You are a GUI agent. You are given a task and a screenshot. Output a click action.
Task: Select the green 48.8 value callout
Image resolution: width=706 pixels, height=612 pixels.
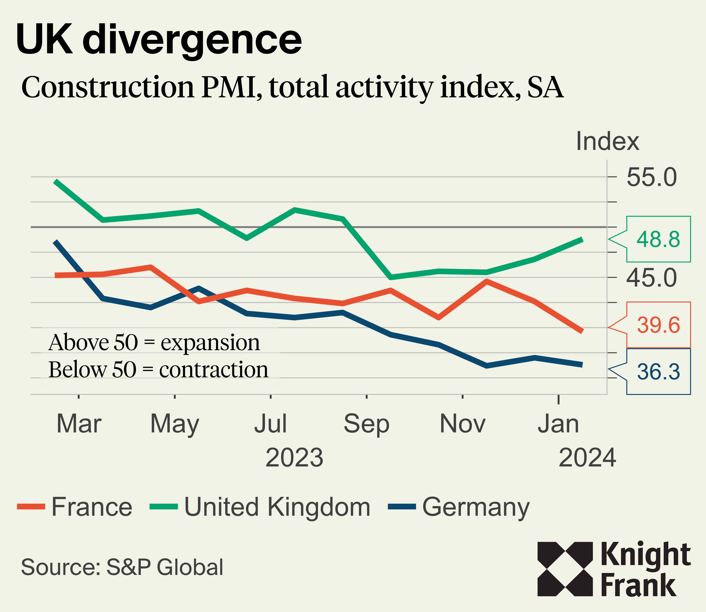pyautogui.click(x=658, y=239)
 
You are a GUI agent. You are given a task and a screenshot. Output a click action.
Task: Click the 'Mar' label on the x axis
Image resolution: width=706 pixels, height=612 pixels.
pyautogui.click(x=79, y=424)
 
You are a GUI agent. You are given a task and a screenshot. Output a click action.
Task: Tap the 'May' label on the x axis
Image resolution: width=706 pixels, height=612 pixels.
pyautogui.click(x=175, y=424)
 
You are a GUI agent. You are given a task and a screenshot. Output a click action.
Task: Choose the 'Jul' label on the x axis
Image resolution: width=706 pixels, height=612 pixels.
pyautogui.click(x=270, y=424)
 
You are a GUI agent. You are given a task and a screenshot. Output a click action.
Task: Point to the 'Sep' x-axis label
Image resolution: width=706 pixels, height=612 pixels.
pyautogui.click(x=366, y=424)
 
